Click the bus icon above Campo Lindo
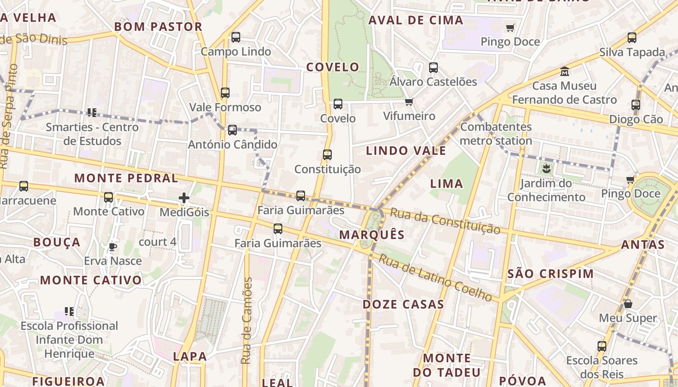(x=236, y=37)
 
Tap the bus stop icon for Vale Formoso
(x=225, y=93)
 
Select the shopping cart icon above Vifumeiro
(x=409, y=102)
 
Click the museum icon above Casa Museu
(x=564, y=72)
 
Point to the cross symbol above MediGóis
(x=184, y=198)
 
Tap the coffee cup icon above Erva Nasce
(x=113, y=247)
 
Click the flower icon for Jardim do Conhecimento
(x=546, y=169)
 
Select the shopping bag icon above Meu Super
(x=628, y=304)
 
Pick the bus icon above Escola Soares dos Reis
(x=602, y=346)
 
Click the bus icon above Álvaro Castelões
(x=433, y=68)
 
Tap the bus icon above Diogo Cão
(x=636, y=104)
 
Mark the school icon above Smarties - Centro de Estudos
(x=92, y=113)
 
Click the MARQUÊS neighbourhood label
(x=372, y=235)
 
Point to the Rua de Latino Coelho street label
(x=435, y=278)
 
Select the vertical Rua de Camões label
(x=247, y=321)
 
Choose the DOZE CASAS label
(x=403, y=304)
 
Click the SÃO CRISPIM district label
(x=551, y=274)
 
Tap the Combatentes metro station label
(x=496, y=134)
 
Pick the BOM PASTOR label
(x=158, y=27)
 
